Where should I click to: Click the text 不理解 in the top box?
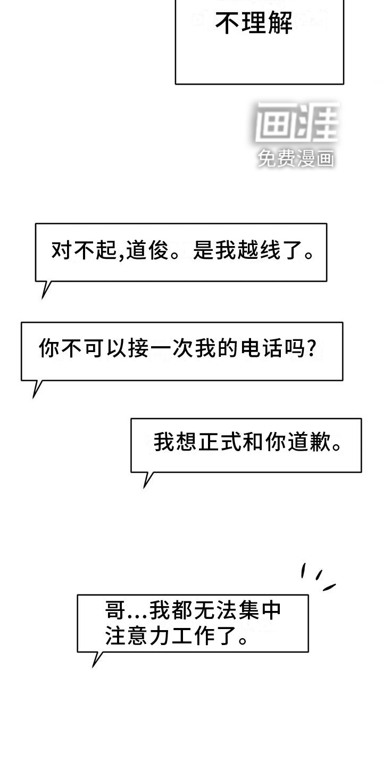click(254, 23)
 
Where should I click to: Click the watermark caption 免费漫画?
click(296, 158)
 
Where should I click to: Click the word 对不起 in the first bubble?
click(83, 251)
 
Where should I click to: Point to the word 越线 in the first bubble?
click(261, 251)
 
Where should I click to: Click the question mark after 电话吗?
click(313, 349)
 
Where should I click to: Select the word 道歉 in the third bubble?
click(308, 443)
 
